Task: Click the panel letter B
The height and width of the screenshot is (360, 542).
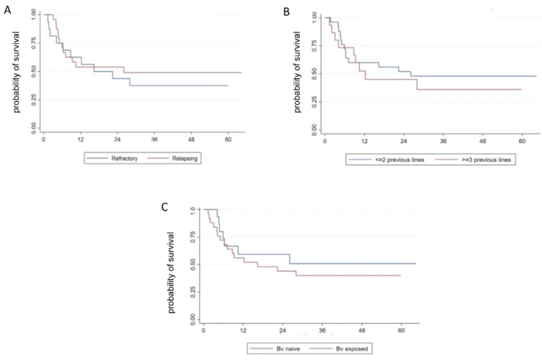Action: click(287, 11)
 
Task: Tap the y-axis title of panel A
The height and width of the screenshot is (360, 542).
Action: click(17, 71)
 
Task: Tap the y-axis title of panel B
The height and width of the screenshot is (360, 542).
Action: click(297, 71)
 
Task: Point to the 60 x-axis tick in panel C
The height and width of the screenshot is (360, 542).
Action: click(401, 331)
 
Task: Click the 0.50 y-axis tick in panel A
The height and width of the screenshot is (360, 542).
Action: click(33, 72)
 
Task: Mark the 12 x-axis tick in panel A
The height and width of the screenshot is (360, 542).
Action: click(80, 139)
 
